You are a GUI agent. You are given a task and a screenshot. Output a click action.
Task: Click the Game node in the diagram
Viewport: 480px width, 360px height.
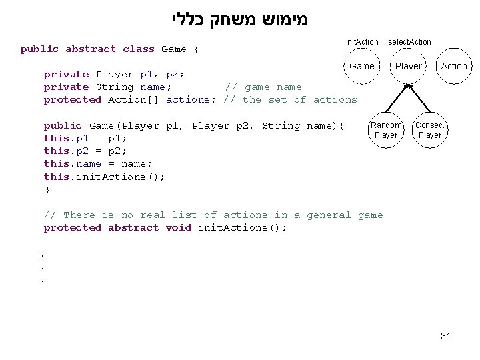click(x=362, y=66)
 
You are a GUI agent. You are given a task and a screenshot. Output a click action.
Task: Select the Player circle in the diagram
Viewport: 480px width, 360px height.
click(x=409, y=66)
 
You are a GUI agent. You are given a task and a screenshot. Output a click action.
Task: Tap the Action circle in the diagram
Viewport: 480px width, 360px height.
click(x=454, y=66)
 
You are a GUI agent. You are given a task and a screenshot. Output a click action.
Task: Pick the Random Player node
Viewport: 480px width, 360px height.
click(x=386, y=130)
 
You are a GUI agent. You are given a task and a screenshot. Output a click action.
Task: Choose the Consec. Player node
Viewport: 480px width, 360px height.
click(x=429, y=130)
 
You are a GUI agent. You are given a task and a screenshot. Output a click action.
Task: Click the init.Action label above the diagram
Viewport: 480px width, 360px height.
click(x=362, y=42)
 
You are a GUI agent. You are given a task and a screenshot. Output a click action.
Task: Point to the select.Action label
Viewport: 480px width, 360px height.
click(x=409, y=42)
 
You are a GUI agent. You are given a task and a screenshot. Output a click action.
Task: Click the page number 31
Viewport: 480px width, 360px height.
click(x=446, y=336)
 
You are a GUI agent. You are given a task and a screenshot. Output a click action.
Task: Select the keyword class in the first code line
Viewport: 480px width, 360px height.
click(x=139, y=49)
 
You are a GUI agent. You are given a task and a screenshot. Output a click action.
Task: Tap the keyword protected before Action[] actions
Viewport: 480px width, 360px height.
click(x=72, y=99)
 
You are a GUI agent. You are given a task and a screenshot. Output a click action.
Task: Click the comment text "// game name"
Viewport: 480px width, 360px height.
click(x=263, y=87)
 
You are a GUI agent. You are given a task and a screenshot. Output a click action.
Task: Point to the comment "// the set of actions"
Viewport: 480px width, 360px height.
click(x=291, y=99)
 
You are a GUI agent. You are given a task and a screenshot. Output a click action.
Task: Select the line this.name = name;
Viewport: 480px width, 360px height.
click(x=98, y=163)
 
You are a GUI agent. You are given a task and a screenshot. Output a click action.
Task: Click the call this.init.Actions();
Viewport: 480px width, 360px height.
click(x=105, y=177)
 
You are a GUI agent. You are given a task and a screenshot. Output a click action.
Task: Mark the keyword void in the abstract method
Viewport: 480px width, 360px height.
click(x=178, y=227)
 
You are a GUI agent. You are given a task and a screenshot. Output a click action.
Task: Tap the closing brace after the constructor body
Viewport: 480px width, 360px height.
click(x=47, y=189)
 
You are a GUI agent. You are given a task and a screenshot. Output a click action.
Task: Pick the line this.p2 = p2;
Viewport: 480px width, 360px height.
click(x=85, y=151)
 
